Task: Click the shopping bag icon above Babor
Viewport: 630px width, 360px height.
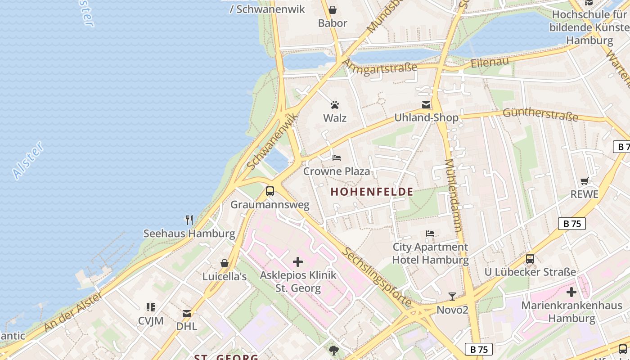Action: (333, 10)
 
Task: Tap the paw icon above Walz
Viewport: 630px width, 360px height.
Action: (335, 105)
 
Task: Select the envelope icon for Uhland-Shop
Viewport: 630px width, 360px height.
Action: (426, 105)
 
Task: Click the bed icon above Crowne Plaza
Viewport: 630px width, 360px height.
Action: (337, 158)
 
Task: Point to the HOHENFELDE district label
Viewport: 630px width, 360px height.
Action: (372, 192)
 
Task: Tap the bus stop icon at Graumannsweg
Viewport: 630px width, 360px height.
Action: (270, 191)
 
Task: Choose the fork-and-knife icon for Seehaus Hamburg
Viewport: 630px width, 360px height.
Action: (189, 220)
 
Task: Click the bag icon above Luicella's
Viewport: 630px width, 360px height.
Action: (225, 263)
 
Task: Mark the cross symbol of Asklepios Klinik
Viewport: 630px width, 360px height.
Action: (298, 262)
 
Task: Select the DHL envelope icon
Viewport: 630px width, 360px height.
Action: (187, 313)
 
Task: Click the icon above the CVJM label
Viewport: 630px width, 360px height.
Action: (151, 307)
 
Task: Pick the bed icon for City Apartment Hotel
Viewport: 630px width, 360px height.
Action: (430, 234)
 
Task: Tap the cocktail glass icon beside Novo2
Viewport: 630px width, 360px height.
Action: (452, 297)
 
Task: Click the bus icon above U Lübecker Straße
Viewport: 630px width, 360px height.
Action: (530, 259)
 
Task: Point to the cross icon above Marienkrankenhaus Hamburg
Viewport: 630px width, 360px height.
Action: (571, 292)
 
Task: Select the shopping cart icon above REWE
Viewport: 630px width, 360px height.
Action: (585, 181)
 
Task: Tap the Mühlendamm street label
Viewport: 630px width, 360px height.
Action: (453, 195)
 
